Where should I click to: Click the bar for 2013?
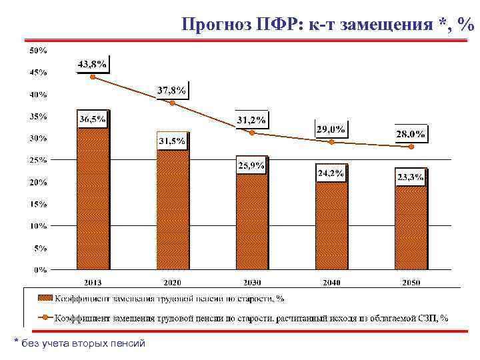93,200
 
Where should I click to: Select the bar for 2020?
173,210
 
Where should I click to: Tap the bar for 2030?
251,220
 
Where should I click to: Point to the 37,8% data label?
171,90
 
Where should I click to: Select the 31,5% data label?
171,142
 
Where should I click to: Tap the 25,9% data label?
251,166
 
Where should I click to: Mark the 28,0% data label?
410,134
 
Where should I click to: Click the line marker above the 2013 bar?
93,77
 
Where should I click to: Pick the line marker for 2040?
331,142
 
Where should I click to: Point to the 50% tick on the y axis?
37,50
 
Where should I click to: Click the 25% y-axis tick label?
37,160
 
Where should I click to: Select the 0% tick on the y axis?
40,270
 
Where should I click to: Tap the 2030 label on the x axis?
251,283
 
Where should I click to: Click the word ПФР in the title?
279,25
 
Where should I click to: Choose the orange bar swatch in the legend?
45,298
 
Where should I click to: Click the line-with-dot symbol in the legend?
45,317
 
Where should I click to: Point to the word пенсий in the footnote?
127,343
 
